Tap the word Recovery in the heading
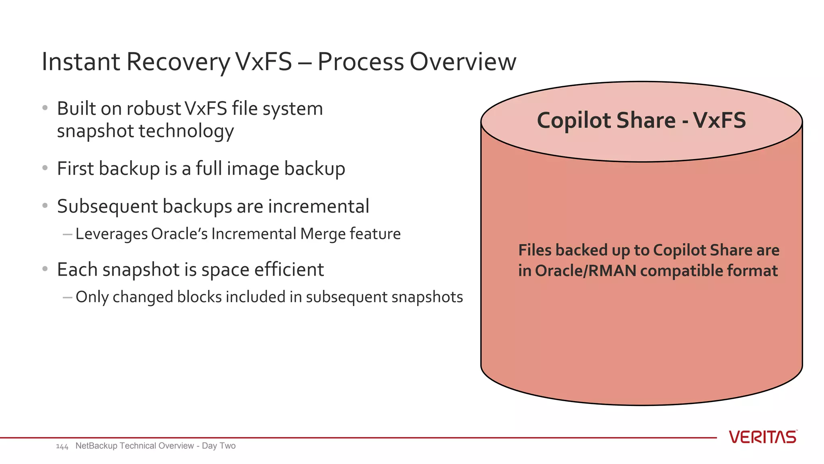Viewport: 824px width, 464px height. pyautogui.click(x=178, y=62)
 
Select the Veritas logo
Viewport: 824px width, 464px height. pyautogui.click(x=763, y=437)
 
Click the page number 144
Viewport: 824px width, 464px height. pyautogui.click(x=62, y=446)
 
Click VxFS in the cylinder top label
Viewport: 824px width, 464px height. pyautogui.click(x=719, y=120)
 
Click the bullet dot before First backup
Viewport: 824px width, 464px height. pyautogui.click(x=45, y=168)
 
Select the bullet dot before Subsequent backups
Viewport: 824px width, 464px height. pyautogui.click(x=45, y=206)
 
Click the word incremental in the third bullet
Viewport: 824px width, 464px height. pyautogui.click(x=318, y=206)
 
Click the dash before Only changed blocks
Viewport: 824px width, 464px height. pyautogui.click(x=68, y=297)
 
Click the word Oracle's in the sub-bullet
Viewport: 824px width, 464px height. pyautogui.click(x=179, y=234)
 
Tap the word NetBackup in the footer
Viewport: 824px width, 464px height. pyautogui.click(x=96, y=446)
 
